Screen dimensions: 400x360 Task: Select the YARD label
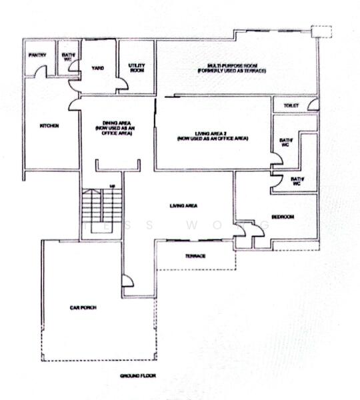97,68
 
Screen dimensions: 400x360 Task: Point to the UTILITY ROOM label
137,67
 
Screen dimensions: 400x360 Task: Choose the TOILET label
289,106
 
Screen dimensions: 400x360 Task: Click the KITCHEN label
49,126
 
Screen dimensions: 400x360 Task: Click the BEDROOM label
283,217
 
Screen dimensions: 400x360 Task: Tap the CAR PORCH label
83,307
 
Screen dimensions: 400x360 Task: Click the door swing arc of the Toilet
311,105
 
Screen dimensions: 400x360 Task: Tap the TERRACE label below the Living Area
195,256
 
